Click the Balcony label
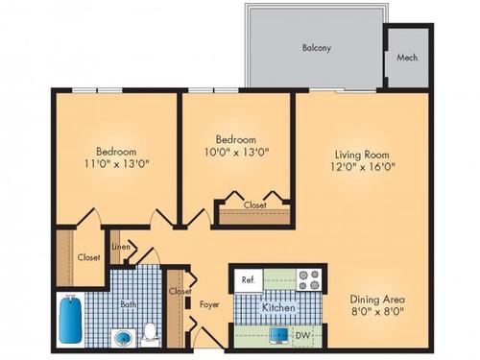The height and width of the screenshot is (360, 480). (317, 47)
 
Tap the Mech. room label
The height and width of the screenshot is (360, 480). (407, 57)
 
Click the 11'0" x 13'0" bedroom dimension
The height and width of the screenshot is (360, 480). (115, 164)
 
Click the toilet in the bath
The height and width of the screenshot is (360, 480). (150, 333)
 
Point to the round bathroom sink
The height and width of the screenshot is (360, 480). (120, 337)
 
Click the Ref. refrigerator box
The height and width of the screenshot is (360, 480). (247, 280)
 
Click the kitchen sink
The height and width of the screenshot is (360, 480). (278, 336)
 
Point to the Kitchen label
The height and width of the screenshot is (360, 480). (278, 307)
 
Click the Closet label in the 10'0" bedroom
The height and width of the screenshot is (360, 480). (254, 204)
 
